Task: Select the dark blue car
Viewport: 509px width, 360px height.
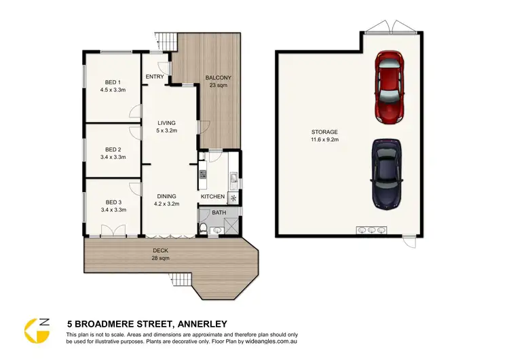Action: click(x=386, y=175)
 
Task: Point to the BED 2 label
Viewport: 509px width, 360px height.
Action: click(x=113, y=149)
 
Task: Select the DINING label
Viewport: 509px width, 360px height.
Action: click(x=166, y=196)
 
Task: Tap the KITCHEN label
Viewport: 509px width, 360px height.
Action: click(x=212, y=197)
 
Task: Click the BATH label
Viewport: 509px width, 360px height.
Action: click(x=219, y=213)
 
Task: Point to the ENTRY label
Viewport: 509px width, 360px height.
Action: click(x=154, y=77)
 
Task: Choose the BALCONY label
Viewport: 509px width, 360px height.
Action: click(x=218, y=78)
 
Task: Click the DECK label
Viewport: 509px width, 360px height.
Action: click(x=161, y=251)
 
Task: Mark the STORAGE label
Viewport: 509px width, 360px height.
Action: click(x=324, y=132)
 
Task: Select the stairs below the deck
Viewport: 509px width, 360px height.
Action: click(x=181, y=279)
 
